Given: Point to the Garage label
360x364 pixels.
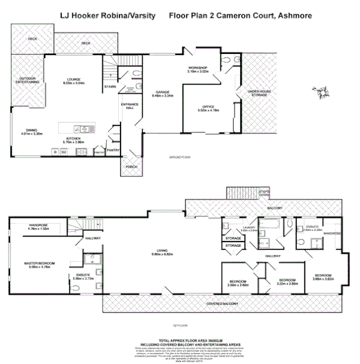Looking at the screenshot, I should click(x=162, y=93).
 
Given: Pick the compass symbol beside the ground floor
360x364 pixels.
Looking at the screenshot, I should click(x=323, y=92).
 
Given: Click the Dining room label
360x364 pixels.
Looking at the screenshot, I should click(x=31, y=131).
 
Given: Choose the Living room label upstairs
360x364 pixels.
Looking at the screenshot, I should click(x=162, y=251).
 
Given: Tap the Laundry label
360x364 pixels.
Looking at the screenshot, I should click(x=248, y=229).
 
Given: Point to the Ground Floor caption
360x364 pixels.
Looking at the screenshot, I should click(x=179, y=157).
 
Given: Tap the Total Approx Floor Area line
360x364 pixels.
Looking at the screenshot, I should click(x=179, y=339).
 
